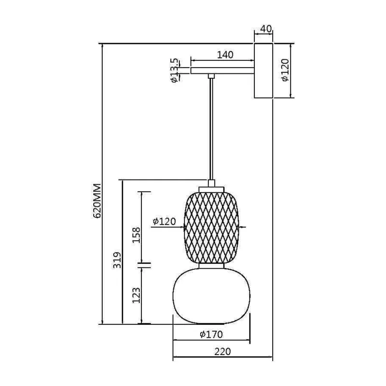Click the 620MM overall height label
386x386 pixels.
[x=97, y=201]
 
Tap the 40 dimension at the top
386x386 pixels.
[x=266, y=29]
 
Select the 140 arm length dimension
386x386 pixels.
[x=225, y=55]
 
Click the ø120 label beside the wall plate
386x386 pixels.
[x=285, y=70]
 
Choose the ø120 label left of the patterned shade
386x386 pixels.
[x=165, y=221]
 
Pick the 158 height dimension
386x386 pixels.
[x=136, y=235]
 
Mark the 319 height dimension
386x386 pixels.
[x=117, y=260]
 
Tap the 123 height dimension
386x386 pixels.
[x=136, y=295]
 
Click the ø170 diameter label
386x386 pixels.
[x=211, y=334]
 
